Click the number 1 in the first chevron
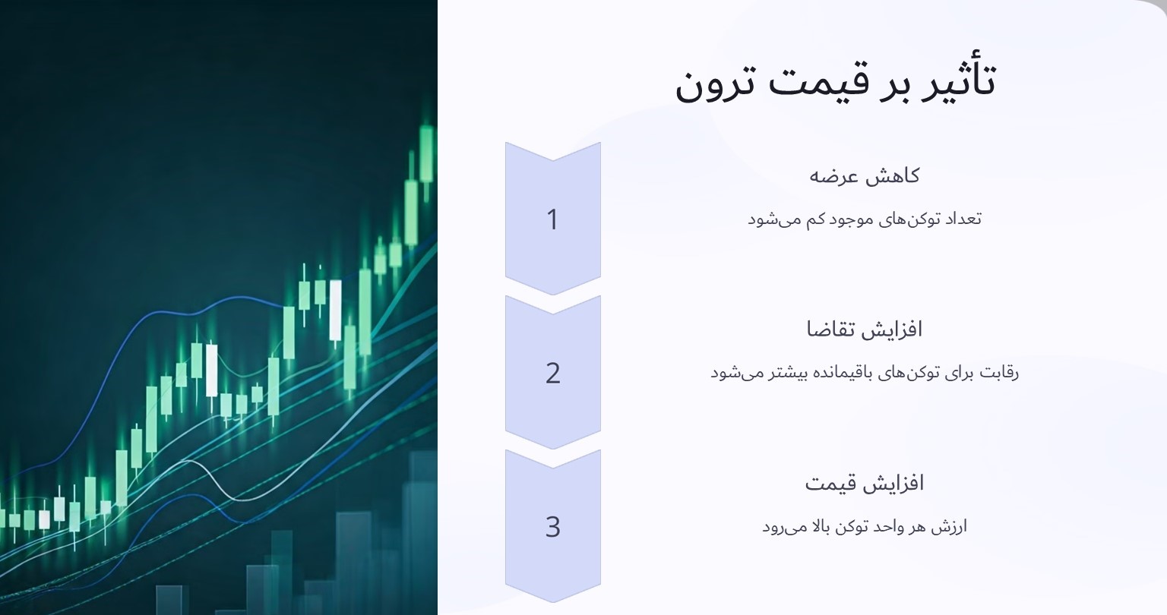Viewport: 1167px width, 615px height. pyautogui.click(x=552, y=219)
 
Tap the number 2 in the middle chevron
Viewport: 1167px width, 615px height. pyautogui.click(x=552, y=373)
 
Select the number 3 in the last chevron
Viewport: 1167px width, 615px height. pyautogui.click(x=552, y=526)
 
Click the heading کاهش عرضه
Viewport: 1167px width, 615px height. pyautogui.click(x=864, y=176)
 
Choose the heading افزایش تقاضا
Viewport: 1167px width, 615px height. pyautogui.click(x=864, y=330)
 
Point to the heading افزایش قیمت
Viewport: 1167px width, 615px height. pyautogui.click(x=864, y=483)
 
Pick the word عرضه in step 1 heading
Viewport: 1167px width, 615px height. pyautogui.click(x=833, y=177)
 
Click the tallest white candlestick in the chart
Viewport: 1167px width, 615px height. pyautogui.click(x=335, y=310)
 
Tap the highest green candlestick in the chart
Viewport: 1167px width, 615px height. pyautogui.click(x=426, y=153)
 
